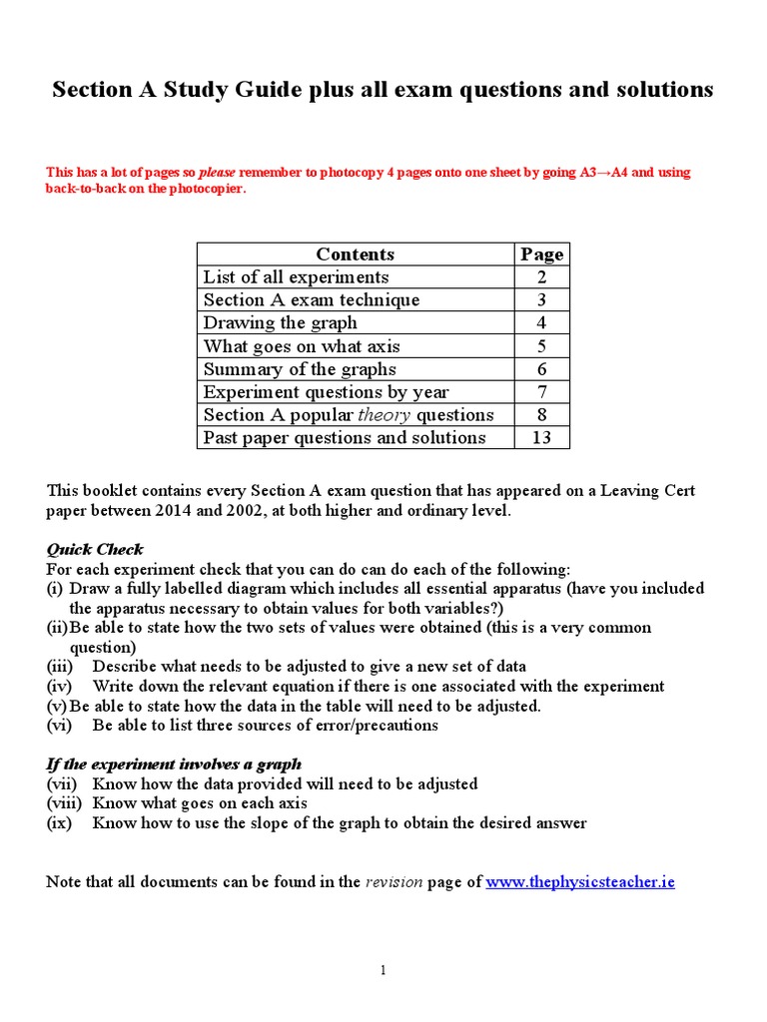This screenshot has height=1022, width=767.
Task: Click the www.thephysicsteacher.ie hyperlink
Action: pos(580,882)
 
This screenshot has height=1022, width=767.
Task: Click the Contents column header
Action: pos(355,254)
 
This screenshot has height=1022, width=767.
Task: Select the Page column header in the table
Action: pos(542,254)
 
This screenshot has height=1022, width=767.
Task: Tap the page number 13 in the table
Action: pos(542,437)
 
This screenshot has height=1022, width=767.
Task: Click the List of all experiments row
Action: pos(296,276)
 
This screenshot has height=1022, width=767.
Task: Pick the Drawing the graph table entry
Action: pos(280,322)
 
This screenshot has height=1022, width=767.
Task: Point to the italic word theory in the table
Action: pos(385,414)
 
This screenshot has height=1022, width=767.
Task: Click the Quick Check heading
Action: pos(95,549)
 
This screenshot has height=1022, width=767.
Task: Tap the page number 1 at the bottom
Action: pos(383,970)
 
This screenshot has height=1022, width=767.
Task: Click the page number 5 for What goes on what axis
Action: pos(542,345)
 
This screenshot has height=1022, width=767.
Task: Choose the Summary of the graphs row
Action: pos(300,368)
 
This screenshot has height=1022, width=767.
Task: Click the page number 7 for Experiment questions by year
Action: pos(542,391)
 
